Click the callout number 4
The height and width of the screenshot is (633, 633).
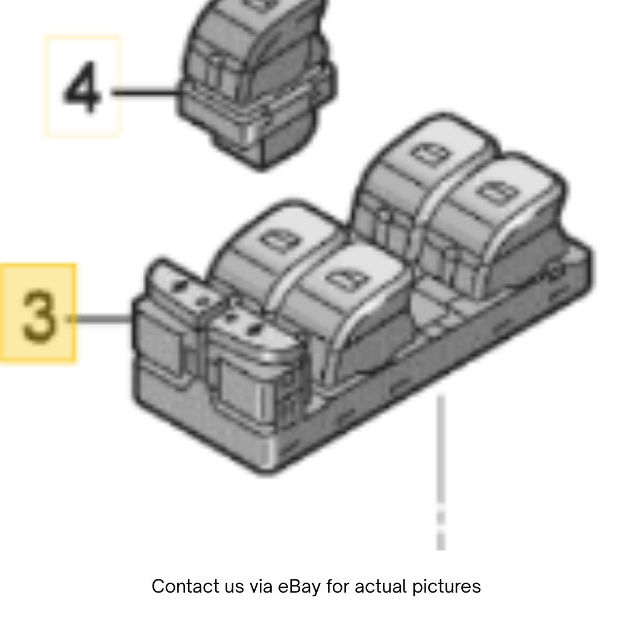point(82,87)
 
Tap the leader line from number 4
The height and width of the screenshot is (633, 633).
point(146,93)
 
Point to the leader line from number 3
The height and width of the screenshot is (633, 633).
point(99,319)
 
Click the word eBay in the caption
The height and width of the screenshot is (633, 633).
point(299,587)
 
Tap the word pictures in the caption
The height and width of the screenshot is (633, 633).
point(447,587)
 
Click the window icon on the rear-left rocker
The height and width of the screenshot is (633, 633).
point(429,154)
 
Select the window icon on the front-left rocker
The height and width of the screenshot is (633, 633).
point(281,240)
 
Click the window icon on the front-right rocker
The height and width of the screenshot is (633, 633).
point(348,279)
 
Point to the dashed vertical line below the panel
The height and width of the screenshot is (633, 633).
point(441,472)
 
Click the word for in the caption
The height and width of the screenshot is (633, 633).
point(338,587)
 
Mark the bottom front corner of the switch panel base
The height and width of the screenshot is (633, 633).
point(267,473)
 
